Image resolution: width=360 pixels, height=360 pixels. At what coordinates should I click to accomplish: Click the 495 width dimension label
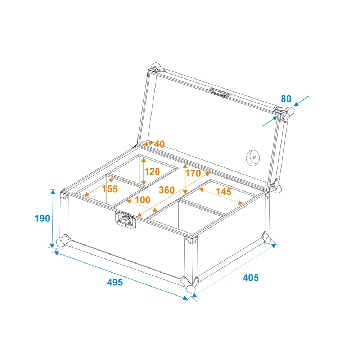115,282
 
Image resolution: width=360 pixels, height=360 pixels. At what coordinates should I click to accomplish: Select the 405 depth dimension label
251,278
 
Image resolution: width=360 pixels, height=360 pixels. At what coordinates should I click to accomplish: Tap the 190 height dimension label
42,218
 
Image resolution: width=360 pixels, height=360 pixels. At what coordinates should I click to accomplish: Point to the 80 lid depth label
286,99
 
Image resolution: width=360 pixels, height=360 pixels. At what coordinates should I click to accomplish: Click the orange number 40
159,144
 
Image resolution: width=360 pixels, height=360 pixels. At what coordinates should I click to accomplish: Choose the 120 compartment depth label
152,171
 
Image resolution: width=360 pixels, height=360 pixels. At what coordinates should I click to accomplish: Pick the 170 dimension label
193,173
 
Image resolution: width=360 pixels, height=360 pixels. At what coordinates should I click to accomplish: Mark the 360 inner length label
167,190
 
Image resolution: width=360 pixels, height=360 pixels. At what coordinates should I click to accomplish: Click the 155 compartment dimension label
110,189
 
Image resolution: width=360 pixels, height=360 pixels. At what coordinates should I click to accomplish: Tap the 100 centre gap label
143,200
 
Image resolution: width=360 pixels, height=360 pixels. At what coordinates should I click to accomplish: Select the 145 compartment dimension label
224,191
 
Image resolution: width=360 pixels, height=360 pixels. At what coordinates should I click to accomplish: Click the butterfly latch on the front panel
126,220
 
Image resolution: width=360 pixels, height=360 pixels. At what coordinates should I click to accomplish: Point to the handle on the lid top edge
219,92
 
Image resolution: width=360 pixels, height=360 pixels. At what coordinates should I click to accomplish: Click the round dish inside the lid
253,158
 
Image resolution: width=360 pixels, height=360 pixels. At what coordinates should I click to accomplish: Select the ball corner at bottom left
61,242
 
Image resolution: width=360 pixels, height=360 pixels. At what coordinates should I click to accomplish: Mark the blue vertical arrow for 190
53,219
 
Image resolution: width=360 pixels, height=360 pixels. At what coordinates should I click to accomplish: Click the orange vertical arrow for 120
144,171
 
